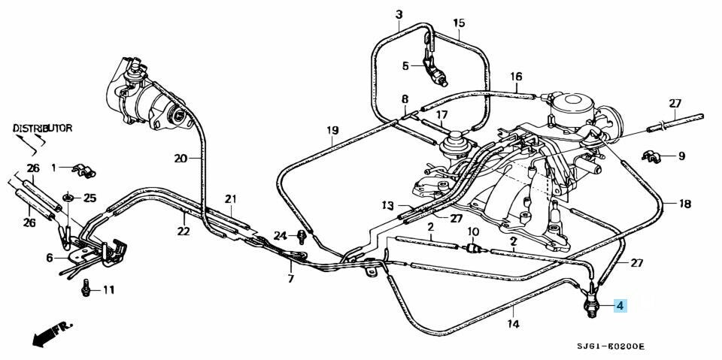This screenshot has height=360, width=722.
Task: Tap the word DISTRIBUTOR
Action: (x=43, y=129)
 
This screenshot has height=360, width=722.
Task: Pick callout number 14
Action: (x=514, y=325)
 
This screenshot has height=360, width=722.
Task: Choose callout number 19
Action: (x=332, y=131)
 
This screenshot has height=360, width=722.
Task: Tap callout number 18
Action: (x=684, y=204)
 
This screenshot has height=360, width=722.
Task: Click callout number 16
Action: (x=516, y=77)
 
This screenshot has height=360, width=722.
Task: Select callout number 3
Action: (x=399, y=14)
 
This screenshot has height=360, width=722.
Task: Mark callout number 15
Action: (x=460, y=23)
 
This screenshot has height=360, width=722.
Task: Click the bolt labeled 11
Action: (x=89, y=288)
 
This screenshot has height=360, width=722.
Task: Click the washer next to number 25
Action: (x=69, y=198)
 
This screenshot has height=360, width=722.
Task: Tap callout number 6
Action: (x=50, y=258)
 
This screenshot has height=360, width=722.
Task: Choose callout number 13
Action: (x=387, y=205)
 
